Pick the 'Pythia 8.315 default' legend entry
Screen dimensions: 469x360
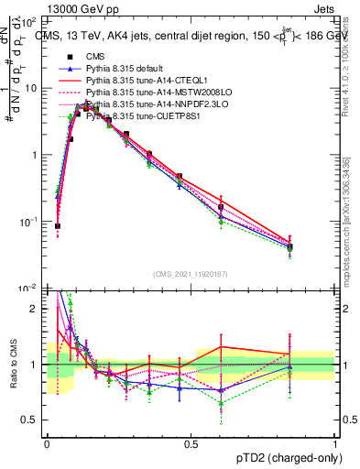click(x=127, y=69)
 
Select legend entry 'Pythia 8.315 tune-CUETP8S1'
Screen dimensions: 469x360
click(x=146, y=116)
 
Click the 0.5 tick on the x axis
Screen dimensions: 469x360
click(x=191, y=444)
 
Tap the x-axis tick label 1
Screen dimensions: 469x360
click(x=334, y=444)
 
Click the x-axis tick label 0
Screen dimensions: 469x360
click(x=47, y=444)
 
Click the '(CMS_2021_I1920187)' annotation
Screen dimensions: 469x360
click(x=191, y=274)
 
